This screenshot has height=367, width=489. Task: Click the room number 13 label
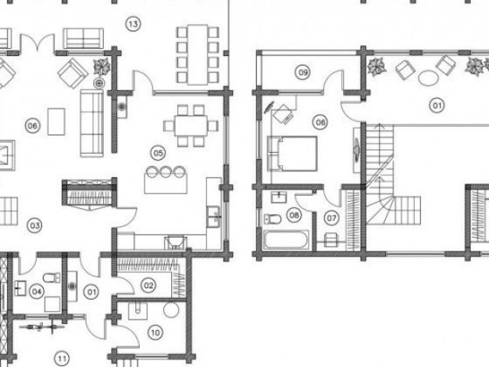133,24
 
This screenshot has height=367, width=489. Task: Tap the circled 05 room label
158,153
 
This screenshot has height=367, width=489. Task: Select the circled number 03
34,226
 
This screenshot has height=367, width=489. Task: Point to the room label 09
303,73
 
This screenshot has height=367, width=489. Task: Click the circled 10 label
155,333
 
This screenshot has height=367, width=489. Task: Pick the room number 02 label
148,285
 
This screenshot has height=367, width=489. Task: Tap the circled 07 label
331,218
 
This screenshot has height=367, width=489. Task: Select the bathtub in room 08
287,239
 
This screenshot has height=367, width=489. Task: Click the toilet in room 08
273,219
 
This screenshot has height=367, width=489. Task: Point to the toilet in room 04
52,277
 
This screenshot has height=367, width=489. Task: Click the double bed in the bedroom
293,154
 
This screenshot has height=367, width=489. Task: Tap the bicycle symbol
42,327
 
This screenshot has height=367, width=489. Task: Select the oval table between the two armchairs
428,78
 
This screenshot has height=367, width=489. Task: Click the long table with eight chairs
198,54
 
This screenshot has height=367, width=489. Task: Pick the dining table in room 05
191,125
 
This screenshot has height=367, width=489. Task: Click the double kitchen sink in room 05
214,216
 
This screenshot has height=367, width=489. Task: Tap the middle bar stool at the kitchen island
165,172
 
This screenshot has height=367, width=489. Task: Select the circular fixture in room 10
171,310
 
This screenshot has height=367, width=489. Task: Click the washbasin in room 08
279,197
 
